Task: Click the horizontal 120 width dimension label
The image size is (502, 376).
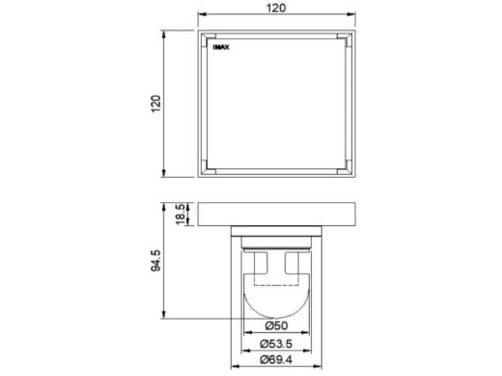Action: pyautogui.click(x=277, y=8)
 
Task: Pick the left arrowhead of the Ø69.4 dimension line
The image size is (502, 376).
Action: pyautogui.click(x=234, y=368)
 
